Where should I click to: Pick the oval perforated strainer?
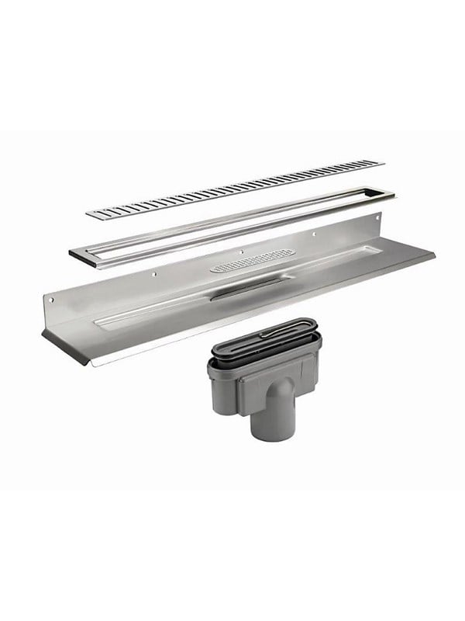click(253, 259)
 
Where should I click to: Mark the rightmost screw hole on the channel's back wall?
click(314, 232)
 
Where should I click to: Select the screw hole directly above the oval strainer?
click(242, 251)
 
